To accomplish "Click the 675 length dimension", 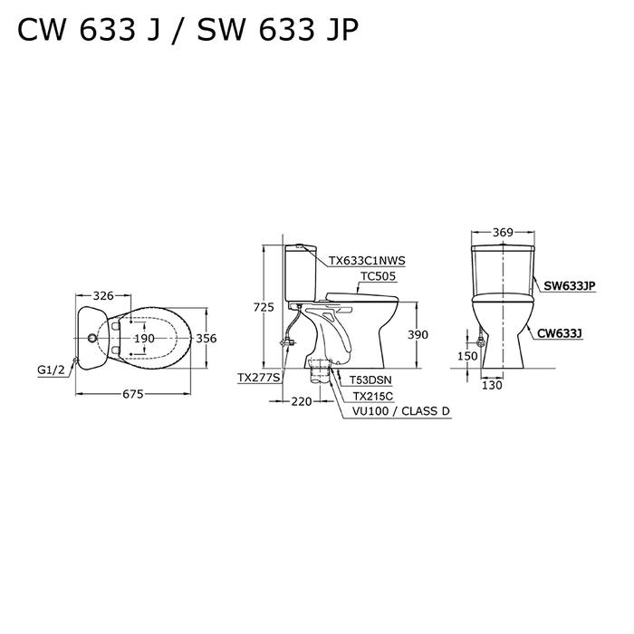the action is (x=133, y=394).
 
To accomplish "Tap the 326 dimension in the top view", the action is (x=103, y=296).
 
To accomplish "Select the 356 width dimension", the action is (x=207, y=338).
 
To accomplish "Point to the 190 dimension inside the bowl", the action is (x=144, y=338).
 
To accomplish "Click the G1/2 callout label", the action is (x=51, y=370).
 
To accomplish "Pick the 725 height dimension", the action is (x=264, y=307).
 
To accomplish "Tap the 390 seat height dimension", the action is (x=418, y=335).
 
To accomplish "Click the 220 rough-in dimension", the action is (x=302, y=401).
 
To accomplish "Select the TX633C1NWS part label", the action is (x=367, y=261).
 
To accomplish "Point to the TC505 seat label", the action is (x=379, y=276).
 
